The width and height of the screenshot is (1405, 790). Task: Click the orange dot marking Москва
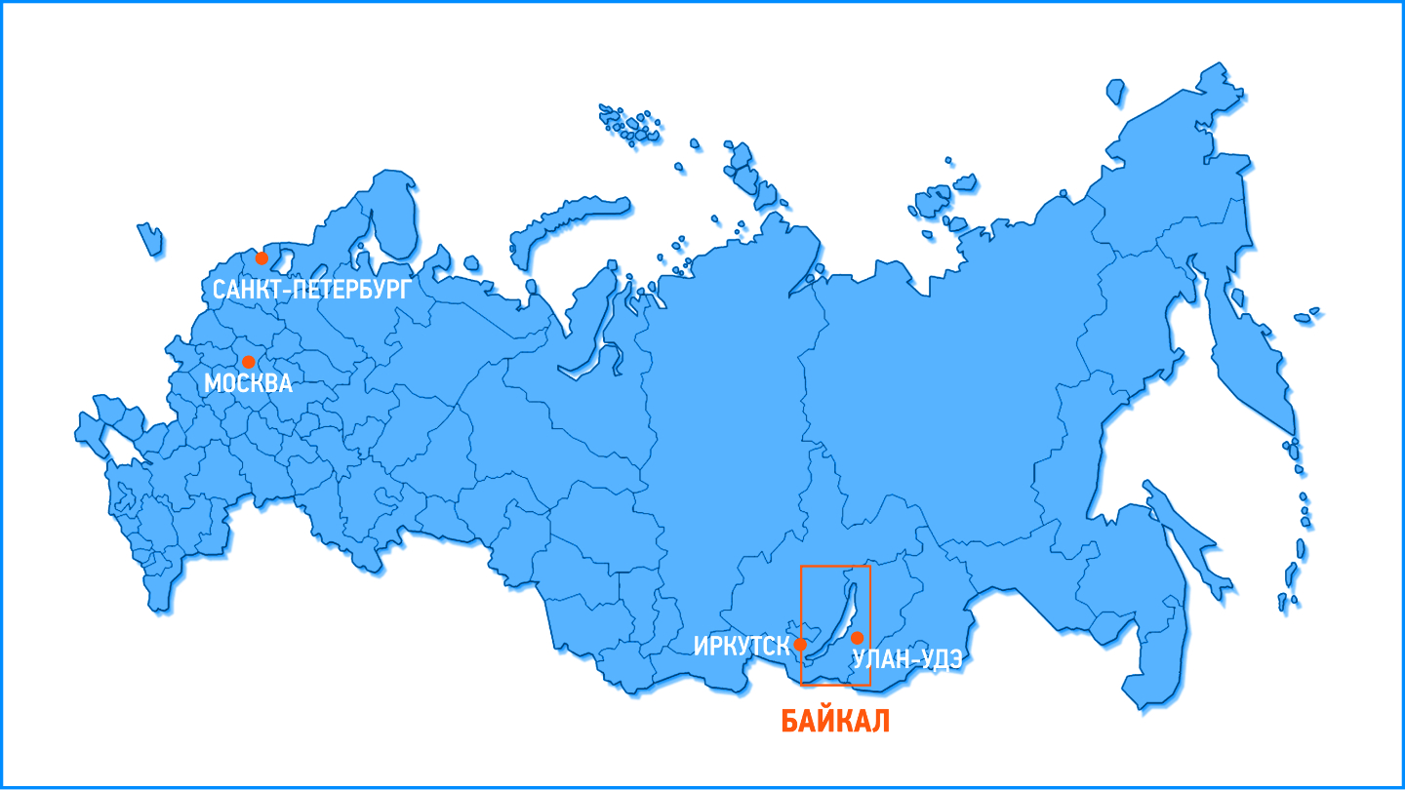point(248,362)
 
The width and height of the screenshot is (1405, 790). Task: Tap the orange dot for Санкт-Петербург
point(261,258)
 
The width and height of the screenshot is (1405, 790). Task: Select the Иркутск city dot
point(800,645)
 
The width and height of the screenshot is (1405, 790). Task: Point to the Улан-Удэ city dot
point(857,638)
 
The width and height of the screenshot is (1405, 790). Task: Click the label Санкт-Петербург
point(311,290)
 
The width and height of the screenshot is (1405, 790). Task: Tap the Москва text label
point(248,384)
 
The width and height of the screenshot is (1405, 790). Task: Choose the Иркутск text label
point(742,646)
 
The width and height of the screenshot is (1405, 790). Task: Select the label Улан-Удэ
point(907,660)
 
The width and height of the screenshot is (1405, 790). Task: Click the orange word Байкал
point(835,722)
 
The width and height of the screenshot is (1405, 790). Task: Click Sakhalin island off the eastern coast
point(1185,536)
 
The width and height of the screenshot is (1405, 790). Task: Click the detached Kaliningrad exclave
point(149,238)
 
